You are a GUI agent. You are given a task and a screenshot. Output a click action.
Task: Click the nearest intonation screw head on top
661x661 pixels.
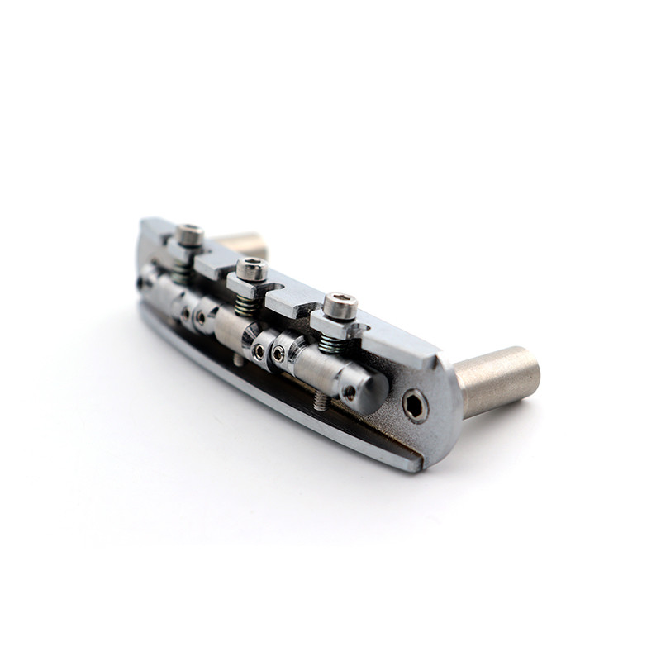[x=340, y=305]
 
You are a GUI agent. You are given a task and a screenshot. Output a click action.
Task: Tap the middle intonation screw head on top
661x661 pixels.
[x=251, y=269]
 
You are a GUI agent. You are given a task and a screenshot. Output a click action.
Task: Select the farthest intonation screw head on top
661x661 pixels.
[x=189, y=235]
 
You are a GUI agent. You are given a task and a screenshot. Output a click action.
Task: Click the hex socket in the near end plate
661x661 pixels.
[x=415, y=406]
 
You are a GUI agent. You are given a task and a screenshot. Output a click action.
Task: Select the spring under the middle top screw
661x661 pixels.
[x=245, y=305]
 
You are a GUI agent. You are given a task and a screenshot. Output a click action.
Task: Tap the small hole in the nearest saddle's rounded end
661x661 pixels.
[x=350, y=393]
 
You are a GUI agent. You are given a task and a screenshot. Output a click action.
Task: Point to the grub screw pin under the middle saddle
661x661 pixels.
[x=239, y=359]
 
